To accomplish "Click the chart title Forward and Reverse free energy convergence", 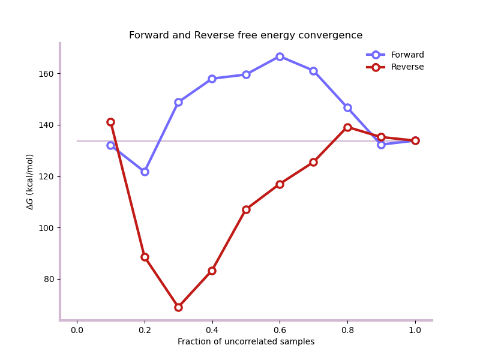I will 245,35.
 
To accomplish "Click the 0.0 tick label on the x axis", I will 77,330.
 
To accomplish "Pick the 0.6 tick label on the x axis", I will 280,330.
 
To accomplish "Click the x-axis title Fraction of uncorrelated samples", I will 245,342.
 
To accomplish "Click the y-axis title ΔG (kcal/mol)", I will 31,181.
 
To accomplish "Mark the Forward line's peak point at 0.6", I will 280,56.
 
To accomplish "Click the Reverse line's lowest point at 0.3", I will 178,307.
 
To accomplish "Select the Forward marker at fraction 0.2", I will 145,172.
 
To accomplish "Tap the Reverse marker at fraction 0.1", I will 110,122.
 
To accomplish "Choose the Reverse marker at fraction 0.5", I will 246,209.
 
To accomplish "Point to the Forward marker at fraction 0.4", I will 212,79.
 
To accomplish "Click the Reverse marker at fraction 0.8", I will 347,127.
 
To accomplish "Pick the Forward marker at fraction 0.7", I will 313,71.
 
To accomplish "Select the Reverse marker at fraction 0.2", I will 145,257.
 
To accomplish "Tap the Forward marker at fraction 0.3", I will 178,102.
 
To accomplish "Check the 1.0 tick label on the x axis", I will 415,330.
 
